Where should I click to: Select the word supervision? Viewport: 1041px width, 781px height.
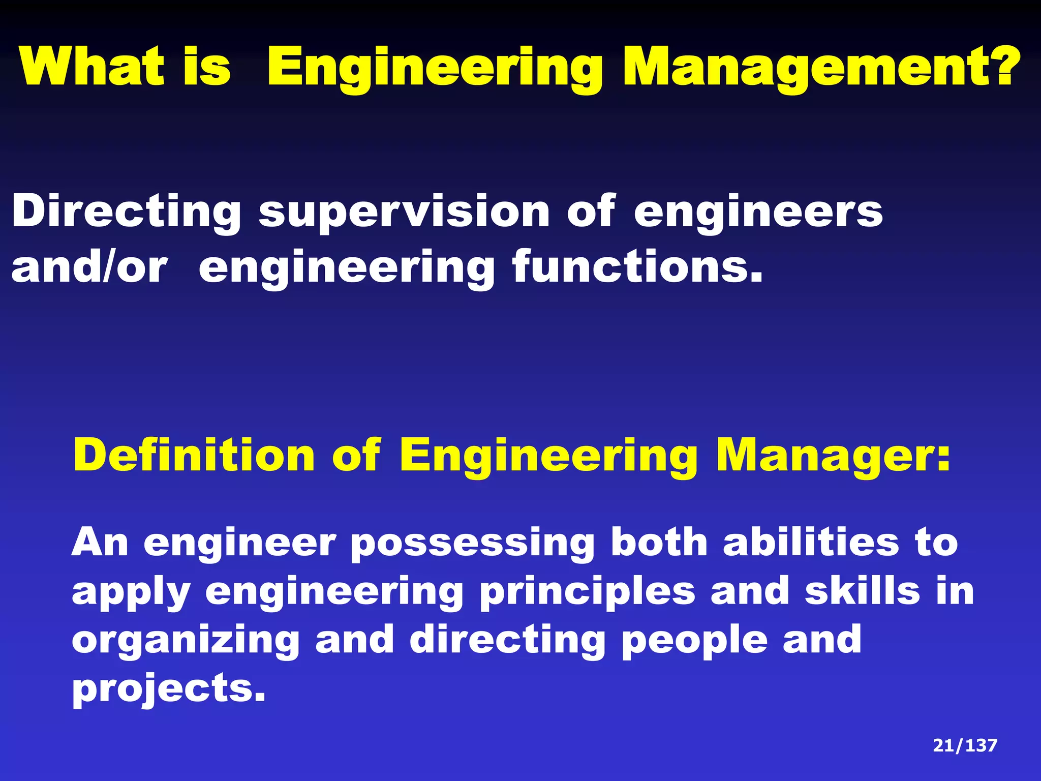tap(404, 213)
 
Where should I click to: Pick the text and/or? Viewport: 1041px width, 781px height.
tap(89, 267)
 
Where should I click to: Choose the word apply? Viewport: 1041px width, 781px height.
tap(131, 593)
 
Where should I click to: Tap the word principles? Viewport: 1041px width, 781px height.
tap(587, 593)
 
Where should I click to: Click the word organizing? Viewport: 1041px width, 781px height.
tap(186, 641)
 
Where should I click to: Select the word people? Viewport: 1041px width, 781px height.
tap(694, 641)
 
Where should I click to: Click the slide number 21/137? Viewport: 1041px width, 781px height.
tap(965, 745)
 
